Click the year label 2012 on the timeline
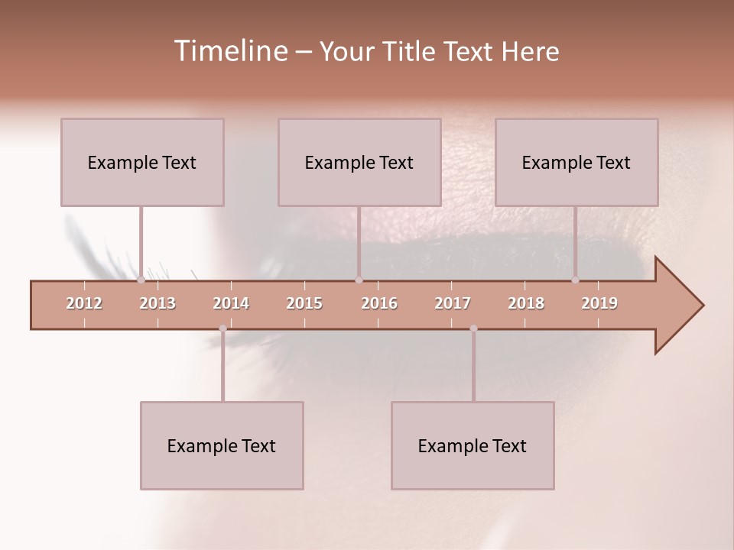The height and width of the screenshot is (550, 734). coord(84,303)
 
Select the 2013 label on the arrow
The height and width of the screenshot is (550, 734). coord(158,303)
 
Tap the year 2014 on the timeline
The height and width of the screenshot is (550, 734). coord(231,303)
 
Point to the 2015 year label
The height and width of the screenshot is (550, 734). coord(304,303)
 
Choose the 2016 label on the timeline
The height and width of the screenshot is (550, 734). coord(379,303)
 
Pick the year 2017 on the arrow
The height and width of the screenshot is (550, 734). coord(453,303)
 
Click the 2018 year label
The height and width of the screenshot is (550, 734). coord(526,303)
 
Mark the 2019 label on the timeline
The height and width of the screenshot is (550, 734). coord(599,303)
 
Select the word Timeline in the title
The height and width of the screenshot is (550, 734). coord(229,51)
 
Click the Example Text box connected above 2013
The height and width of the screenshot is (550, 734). coord(142,162)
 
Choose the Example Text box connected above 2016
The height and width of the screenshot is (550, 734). coord(359,162)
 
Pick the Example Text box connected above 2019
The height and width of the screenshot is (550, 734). coord(576,162)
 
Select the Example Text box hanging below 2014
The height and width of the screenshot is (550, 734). coord(222,445)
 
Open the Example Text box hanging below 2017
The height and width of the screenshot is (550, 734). coord(473,445)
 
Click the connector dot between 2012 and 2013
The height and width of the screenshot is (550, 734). coord(141,280)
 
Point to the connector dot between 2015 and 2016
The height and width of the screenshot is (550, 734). coord(359,280)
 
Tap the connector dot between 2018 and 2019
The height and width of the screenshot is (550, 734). coord(576,280)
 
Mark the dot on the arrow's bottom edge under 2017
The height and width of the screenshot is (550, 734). coord(473,328)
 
